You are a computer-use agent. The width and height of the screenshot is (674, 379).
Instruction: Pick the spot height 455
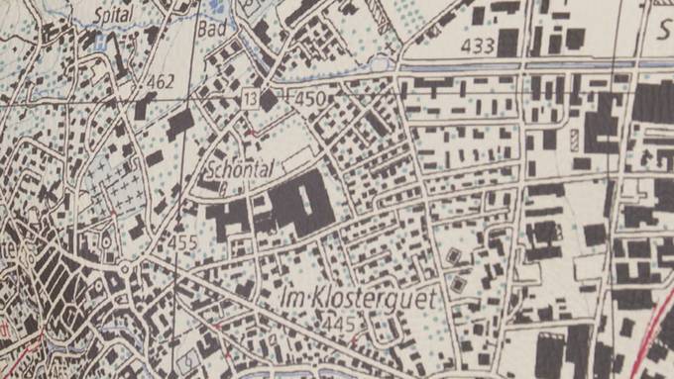[x=183, y=241]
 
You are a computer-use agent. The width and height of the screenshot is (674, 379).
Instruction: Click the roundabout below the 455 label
[x=126, y=269]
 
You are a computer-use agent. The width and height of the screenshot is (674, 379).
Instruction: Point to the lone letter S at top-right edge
[x=664, y=30]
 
